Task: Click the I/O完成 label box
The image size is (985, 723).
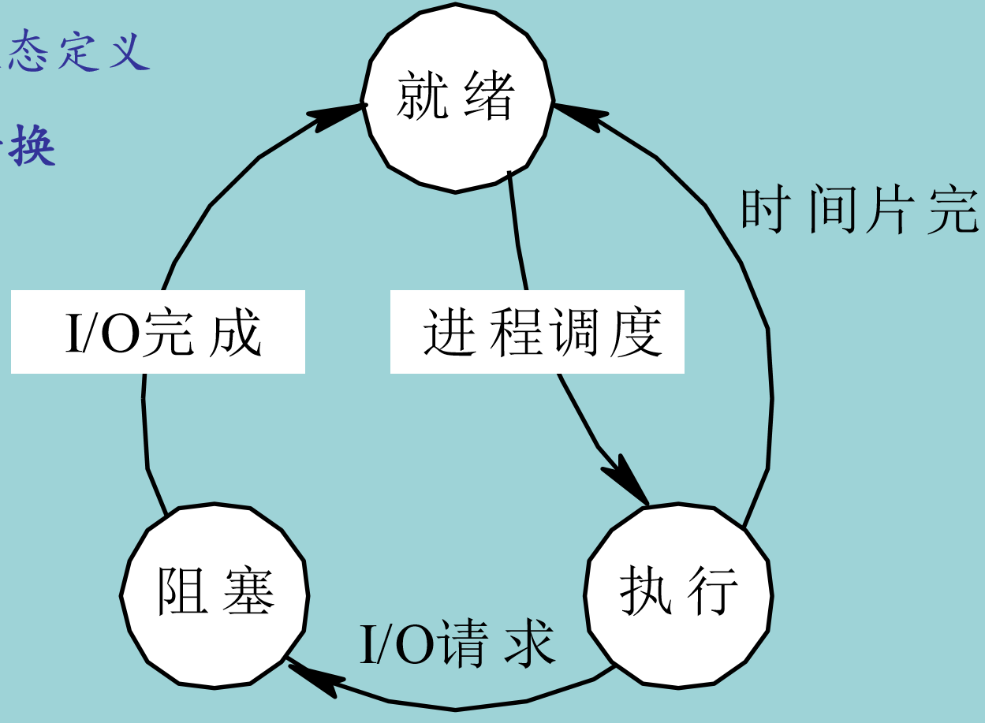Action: pos(158,332)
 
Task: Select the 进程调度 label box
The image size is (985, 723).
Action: pos(537,332)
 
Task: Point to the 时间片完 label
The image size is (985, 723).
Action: pos(860,211)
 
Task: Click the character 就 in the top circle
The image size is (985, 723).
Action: pos(425,98)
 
